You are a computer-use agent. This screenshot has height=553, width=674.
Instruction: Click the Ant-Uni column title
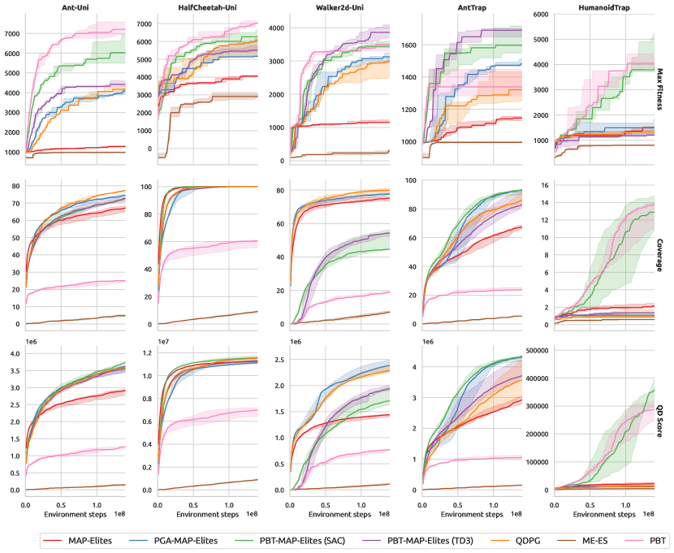76,8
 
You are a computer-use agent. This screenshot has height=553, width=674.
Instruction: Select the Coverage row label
662,253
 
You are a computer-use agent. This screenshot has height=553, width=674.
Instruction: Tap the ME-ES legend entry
589,540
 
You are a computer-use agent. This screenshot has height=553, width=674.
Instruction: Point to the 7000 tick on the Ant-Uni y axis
11,34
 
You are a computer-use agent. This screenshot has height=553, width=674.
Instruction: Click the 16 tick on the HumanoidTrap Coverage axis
546,185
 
